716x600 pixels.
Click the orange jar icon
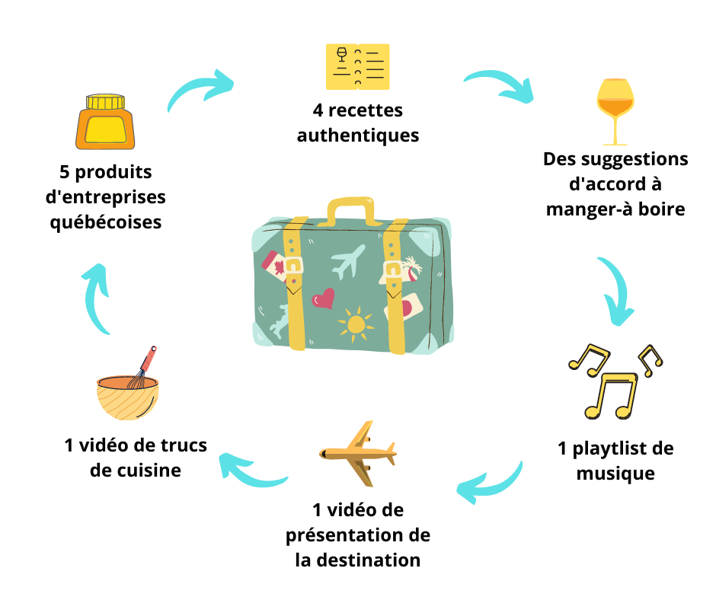(105, 122)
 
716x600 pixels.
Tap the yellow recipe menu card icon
(357, 67)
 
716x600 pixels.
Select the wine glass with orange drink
(615, 112)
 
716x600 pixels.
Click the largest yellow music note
(611, 395)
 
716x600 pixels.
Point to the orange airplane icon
(358, 453)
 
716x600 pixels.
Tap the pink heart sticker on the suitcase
(323, 298)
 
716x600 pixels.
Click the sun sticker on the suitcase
(355, 324)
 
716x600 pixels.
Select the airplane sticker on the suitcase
(348, 261)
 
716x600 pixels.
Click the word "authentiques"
(358, 136)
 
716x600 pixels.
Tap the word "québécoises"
(105, 223)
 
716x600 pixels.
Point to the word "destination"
(369, 560)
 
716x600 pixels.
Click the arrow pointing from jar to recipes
(197, 87)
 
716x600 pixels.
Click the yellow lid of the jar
(105, 102)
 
